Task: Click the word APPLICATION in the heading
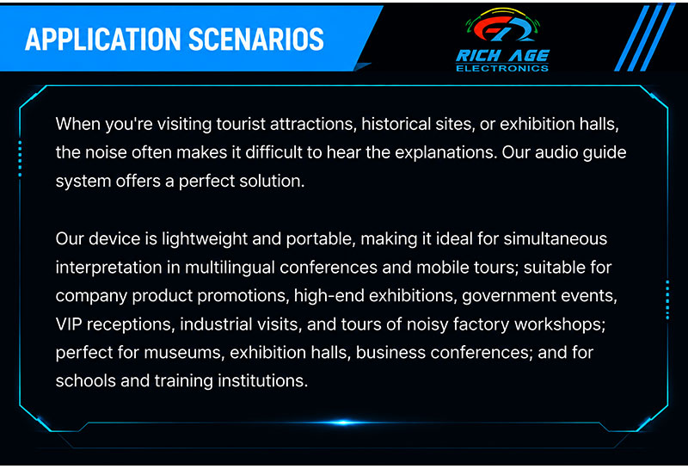[103, 40]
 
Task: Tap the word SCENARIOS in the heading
[256, 40]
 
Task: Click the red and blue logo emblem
[503, 27]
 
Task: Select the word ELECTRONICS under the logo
[502, 68]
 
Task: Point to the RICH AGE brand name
[503, 56]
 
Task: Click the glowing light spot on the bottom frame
[343, 423]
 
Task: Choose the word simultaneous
[556, 239]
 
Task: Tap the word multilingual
[230, 268]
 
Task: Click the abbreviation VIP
[69, 324]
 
